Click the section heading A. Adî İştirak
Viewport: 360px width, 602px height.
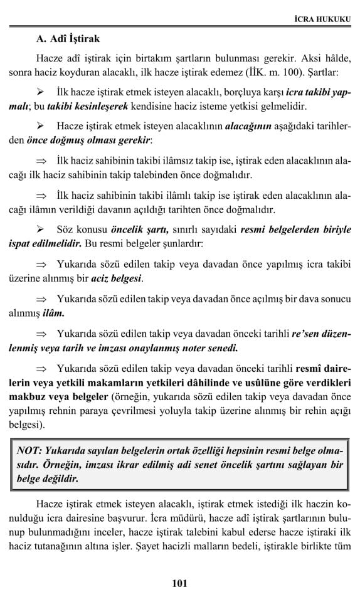pyautogui.click(x=68, y=40)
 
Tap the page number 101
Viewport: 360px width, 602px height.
pyautogui.click(x=179, y=584)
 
